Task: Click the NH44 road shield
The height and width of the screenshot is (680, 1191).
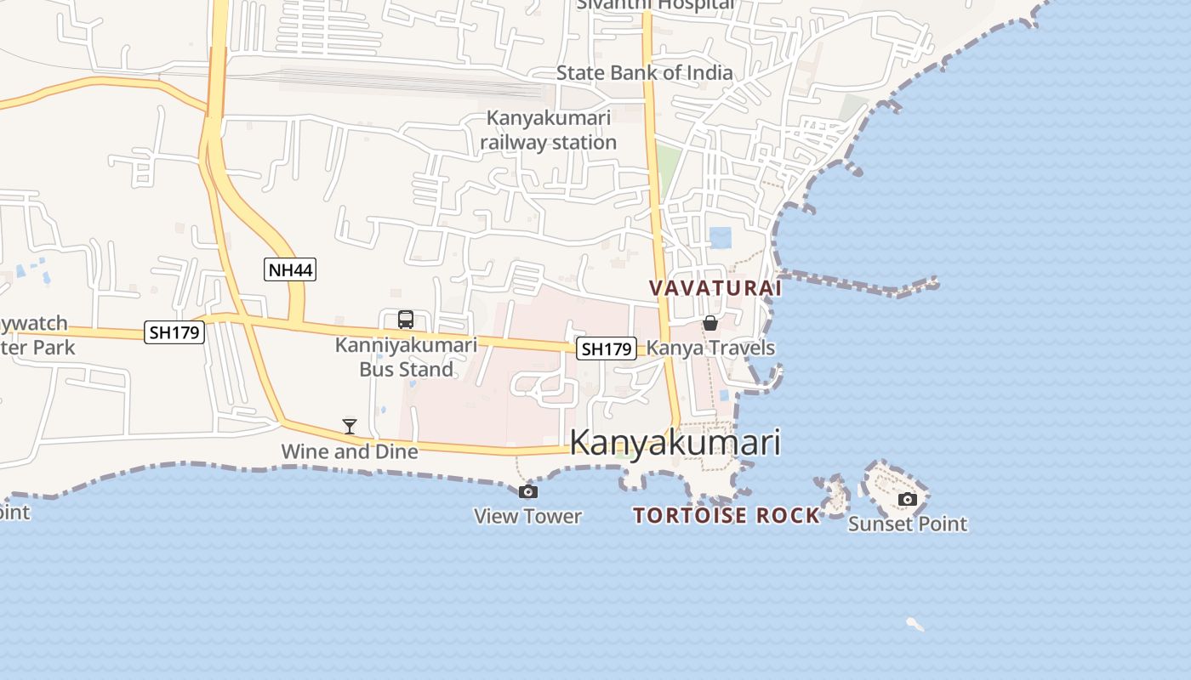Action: (290, 270)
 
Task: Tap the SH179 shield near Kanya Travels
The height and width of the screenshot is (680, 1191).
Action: (607, 348)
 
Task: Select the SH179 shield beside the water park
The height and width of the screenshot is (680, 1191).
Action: (174, 332)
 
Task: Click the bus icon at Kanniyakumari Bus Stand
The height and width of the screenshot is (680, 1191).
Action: (406, 320)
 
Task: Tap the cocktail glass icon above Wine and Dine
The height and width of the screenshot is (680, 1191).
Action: (349, 426)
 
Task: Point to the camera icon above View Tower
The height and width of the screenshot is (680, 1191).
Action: (527, 491)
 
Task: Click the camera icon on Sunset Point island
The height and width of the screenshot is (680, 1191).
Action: (908, 499)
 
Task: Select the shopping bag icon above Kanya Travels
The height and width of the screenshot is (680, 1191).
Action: (709, 323)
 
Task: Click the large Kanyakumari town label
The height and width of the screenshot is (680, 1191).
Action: (675, 443)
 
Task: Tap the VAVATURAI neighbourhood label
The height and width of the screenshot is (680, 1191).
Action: (715, 288)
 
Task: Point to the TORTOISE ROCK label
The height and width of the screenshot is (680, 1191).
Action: (727, 515)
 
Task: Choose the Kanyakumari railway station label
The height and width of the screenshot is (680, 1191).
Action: (549, 130)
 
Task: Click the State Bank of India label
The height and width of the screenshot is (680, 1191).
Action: (644, 73)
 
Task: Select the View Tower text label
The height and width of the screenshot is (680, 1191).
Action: (527, 516)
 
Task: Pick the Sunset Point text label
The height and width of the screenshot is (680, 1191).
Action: (908, 524)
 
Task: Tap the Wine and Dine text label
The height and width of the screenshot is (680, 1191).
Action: (350, 451)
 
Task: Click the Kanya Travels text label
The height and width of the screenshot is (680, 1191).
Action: (711, 348)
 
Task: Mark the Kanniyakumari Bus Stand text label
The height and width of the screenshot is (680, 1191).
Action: (406, 357)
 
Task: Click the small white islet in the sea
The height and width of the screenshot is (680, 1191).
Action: (915, 625)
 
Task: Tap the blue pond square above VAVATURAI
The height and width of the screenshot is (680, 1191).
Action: (721, 237)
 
